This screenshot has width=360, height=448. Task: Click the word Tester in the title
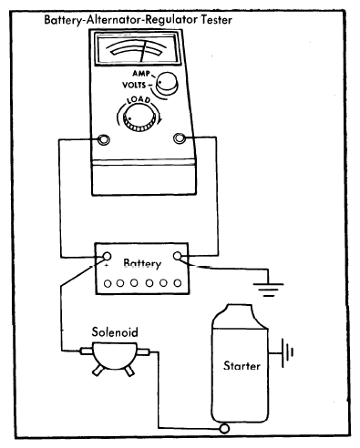click(217, 20)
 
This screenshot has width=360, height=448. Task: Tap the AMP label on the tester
click(141, 73)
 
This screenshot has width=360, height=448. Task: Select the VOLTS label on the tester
click(134, 85)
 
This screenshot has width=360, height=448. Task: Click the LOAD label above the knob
click(139, 100)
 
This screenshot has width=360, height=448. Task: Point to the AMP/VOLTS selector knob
click(166, 82)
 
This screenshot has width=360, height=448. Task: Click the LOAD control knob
click(139, 117)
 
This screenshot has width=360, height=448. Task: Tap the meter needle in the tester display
click(144, 50)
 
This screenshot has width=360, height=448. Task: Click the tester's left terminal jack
click(103, 139)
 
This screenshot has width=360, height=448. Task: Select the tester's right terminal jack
click(179, 138)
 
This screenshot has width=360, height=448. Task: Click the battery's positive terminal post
click(106, 257)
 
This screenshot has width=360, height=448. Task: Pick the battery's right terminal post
click(178, 256)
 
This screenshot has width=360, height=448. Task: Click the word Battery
click(142, 263)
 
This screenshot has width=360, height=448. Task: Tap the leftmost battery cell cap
click(108, 284)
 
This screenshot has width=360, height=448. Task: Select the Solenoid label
click(115, 331)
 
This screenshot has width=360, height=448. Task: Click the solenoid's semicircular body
click(115, 355)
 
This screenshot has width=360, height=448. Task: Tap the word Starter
click(242, 365)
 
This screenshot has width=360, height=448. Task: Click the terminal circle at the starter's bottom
click(225, 428)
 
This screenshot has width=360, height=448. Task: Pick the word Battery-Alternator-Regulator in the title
click(121, 20)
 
